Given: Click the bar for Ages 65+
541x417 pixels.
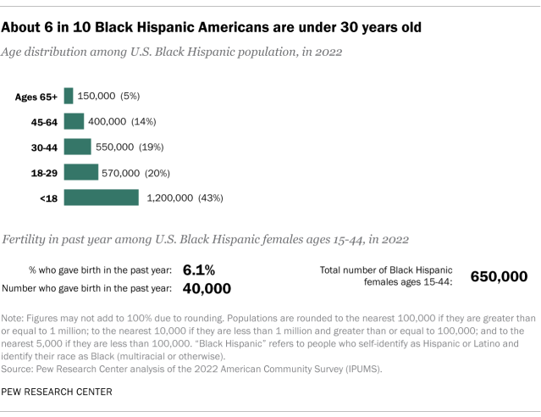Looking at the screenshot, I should click(x=69, y=96).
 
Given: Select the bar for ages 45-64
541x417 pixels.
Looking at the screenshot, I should click(x=74, y=121).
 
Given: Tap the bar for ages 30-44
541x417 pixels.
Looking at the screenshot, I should click(x=77, y=147).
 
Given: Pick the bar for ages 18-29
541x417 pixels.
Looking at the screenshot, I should click(x=80, y=172).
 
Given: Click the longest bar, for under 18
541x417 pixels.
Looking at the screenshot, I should click(x=101, y=197).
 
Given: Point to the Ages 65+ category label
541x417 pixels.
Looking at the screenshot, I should click(x=36, y=97).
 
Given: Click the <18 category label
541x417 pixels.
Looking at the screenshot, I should click(x=48, y=198).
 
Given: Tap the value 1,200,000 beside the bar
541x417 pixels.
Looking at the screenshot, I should click(x=168, y=198).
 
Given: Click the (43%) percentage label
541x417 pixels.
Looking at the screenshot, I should click(x=210, y=198).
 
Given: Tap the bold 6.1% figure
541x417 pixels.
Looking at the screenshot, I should click(x=198, y=270).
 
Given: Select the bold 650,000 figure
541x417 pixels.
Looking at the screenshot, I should click(x=500, y=276).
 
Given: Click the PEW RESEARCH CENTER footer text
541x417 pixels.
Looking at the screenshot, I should click(x=56, y=392).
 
